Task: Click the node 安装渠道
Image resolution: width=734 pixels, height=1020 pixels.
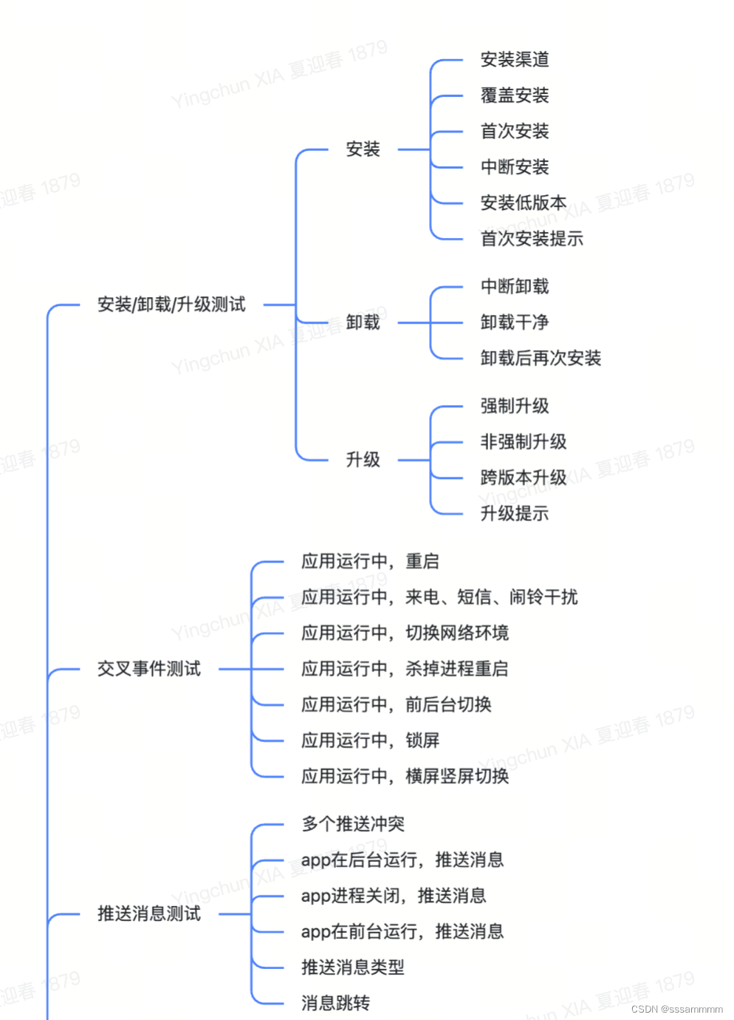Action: coord(515,60)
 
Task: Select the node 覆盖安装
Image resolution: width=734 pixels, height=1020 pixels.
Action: coord(515,95)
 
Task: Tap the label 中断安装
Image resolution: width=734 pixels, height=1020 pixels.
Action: coord(515,167)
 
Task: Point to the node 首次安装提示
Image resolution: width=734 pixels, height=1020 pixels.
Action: coord(532,239)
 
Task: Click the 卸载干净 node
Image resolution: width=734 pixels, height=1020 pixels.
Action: coord(515,322)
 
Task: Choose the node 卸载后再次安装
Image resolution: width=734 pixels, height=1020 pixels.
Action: coord(541,358)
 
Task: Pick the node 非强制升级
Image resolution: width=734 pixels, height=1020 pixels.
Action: coord(524,442)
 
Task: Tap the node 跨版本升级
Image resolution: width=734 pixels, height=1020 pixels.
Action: coord(524,477)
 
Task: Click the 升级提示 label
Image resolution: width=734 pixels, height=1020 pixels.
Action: coord(515,514)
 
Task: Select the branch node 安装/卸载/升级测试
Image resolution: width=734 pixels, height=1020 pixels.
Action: coord(171,305)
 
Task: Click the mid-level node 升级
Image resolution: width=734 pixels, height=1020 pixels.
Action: coord(363,460)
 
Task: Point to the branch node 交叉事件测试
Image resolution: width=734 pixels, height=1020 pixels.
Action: coord(149,669)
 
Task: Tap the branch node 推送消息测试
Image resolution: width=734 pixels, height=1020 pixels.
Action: coord(149,914)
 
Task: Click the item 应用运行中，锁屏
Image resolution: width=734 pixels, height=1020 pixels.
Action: coord(370,741)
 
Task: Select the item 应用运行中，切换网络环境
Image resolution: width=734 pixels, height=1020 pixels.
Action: coord(405,633)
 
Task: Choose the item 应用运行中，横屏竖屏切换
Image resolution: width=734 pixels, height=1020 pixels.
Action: coord(405,776)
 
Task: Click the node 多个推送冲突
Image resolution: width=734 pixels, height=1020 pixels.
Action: coord(353,824)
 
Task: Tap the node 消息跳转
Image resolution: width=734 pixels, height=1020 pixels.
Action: coord(335,1003)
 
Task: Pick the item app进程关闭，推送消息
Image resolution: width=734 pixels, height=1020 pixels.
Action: coord(394,896)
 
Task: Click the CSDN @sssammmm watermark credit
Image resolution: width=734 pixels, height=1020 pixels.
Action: coord(676,1009)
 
